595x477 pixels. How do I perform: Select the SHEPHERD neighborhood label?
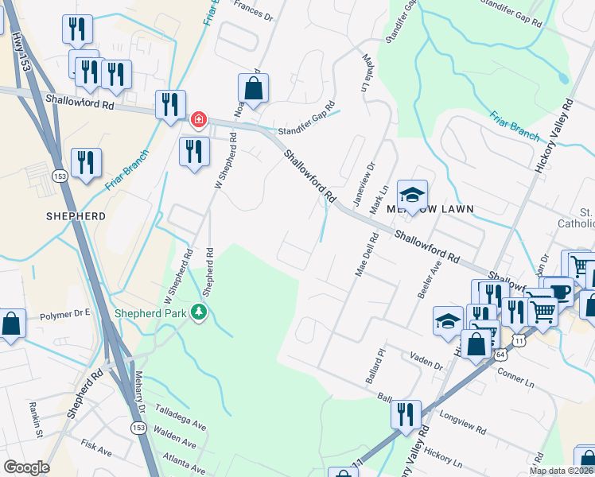(76, 215)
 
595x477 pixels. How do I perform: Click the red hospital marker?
(198, 121)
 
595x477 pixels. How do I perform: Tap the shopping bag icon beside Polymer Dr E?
(10, 324)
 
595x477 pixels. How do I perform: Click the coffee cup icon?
(559, 291)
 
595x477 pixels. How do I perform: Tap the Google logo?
(26, 467)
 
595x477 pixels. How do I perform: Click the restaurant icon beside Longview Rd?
(406, 415)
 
